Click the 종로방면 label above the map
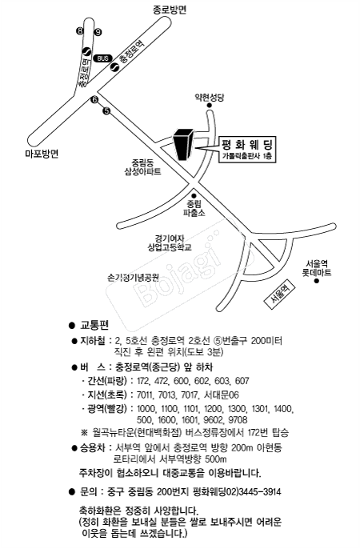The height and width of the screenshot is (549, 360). tap(170, 10)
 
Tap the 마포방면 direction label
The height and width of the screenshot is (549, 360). tap(42, 154)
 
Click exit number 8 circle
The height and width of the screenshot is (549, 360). tap(80, 31)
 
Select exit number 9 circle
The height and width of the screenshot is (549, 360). tap(98, 32)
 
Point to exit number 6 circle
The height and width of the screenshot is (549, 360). tap(94, 100)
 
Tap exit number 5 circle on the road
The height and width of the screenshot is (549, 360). tap(106, 111)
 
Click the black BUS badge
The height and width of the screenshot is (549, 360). tap(103, 58)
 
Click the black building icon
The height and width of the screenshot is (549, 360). tap(183, 144)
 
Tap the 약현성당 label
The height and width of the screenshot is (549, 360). tap(210, 97)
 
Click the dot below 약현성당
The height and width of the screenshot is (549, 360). tap(210, 106)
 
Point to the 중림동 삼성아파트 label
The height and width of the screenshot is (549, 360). tap(142, 167)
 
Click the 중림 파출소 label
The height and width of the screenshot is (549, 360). tap(194, 208)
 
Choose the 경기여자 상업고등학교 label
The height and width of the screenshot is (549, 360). tap(170, 243)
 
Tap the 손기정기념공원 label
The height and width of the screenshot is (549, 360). tap(133, 278)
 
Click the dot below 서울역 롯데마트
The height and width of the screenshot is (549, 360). tap(317, 281)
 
